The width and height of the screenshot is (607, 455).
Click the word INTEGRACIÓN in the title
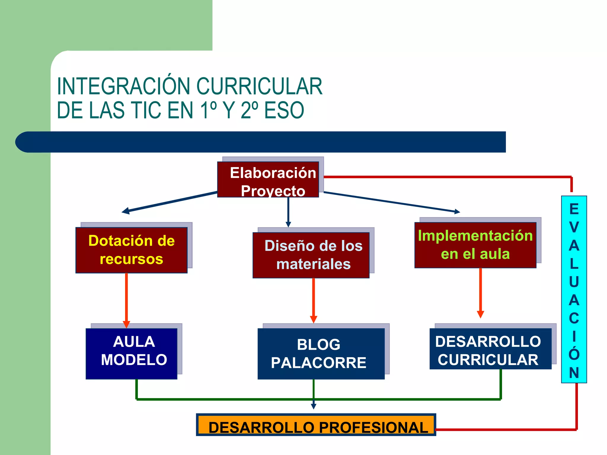coord(123,86)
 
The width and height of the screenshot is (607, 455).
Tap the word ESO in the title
coord(284,110)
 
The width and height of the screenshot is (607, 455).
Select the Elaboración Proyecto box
coord(268,180)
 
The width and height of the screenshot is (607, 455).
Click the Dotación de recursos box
coord(131,250)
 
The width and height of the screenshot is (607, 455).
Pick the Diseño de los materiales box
coord(311,255)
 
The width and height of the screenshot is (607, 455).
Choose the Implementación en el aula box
coord(475,245)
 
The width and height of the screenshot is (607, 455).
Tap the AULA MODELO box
coord(131,353)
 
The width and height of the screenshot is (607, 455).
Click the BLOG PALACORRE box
coord(321,353)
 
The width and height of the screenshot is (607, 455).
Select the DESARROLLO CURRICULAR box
coord(490,349)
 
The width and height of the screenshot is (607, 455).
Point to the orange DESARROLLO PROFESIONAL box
coord(316,425)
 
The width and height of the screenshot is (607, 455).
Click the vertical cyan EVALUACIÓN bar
coord(574,289)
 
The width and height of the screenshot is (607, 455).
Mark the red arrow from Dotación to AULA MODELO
coord(127,299)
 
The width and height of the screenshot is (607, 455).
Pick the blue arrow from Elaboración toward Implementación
coord(391,202)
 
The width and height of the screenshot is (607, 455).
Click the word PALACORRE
coord(319,363)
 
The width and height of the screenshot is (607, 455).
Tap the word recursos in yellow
coord(131,259)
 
